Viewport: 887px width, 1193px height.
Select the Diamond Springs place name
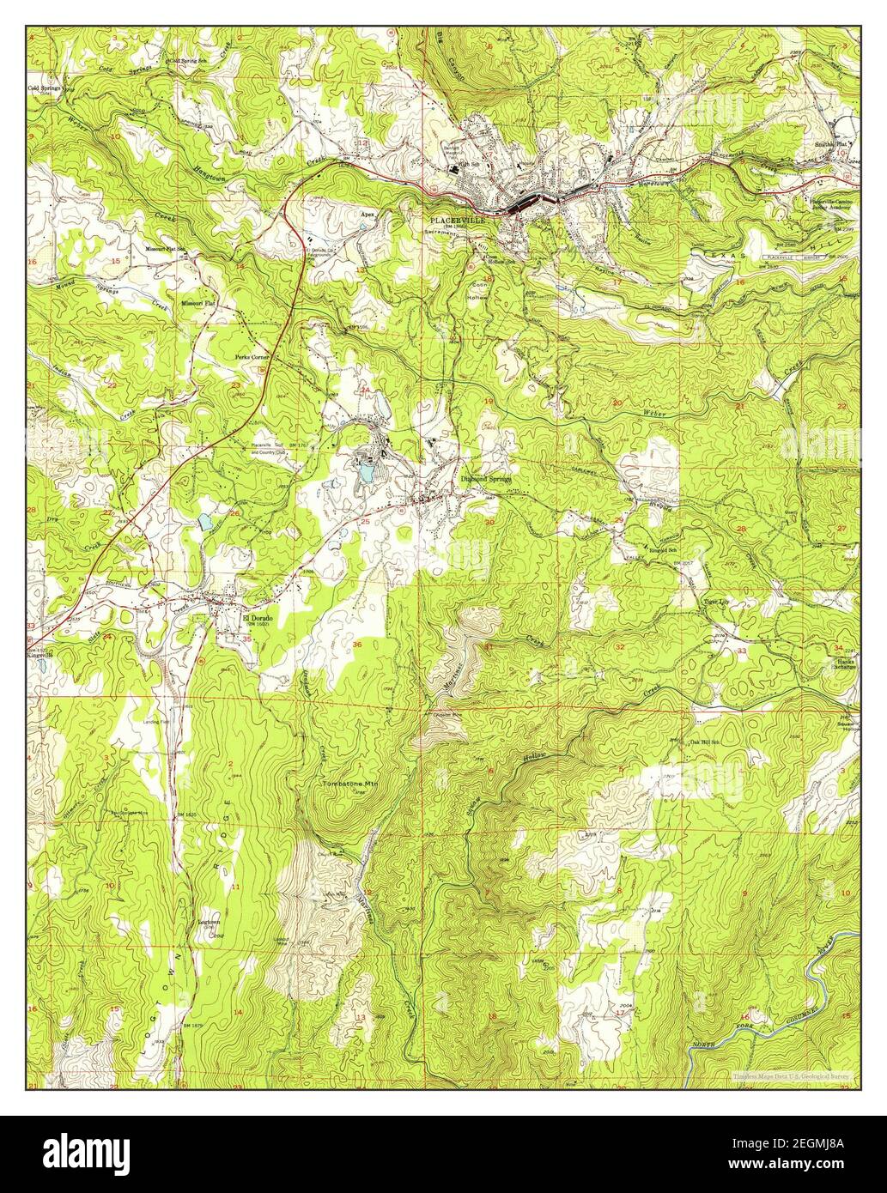[x=486, y=478]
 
